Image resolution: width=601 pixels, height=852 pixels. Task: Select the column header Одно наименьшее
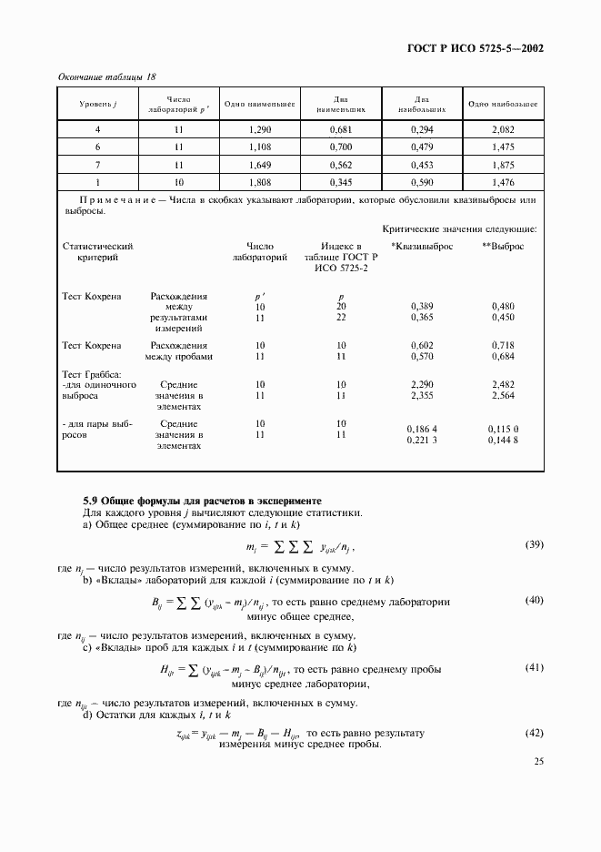(x=260, y=105)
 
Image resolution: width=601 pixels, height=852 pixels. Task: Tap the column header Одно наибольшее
(x=503, y=105)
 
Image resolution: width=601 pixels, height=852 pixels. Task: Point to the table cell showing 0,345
(x=341, y=182)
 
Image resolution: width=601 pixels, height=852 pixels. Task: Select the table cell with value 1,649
(x=260, y=165)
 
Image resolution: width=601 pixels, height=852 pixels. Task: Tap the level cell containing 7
(x=97, y=165)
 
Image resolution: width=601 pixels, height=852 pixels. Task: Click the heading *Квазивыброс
(x=419, y=247)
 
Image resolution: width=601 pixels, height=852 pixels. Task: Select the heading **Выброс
(x=503, y=247)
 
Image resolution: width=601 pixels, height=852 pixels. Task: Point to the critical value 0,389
(x=422, y=307)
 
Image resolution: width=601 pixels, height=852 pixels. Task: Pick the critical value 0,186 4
(x=423, y=428)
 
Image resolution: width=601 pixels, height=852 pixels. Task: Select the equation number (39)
(x=534, y=545)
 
